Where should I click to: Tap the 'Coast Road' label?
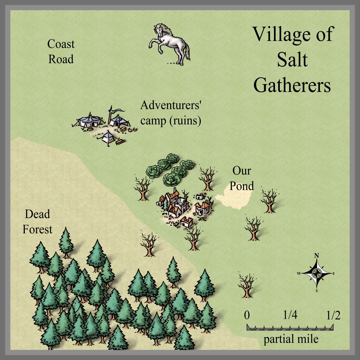coord(61,52)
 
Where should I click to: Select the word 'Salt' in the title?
coord(292,60)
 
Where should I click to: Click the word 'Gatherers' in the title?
coord(292,85)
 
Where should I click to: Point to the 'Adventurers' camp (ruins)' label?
coord(171,113)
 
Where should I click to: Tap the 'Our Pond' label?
coord(242,178)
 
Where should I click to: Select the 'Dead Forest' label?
coord(37,222)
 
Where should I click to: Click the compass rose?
coord(317,273)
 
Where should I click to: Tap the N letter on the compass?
coord(317,256)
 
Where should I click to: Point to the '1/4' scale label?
coord(290,315)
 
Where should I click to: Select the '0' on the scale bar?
coord(247,315)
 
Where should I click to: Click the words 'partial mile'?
coord(291,339)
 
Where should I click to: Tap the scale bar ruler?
coord(290,327)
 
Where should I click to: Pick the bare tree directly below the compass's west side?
coord(247,285)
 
